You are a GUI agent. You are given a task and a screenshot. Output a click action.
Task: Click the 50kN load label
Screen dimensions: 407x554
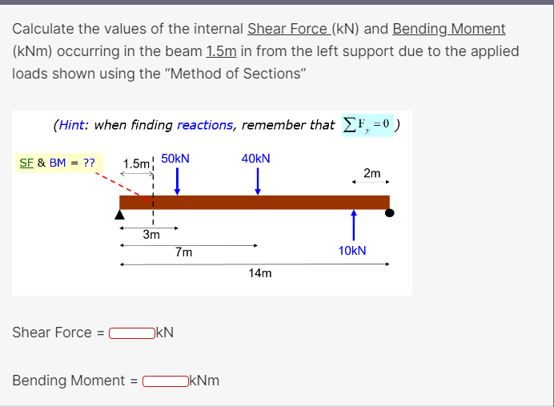175,159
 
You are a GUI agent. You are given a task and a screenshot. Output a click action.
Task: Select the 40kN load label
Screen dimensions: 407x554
256,159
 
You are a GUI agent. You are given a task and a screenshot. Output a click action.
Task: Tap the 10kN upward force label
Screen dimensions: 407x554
352,251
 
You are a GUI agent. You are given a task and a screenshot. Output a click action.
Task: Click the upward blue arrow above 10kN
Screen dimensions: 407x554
353,224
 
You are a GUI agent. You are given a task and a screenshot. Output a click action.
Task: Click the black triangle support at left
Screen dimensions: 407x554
120,214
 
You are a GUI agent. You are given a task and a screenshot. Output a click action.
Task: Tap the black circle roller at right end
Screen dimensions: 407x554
390,213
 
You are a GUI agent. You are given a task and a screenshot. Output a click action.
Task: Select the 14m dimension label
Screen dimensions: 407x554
260,273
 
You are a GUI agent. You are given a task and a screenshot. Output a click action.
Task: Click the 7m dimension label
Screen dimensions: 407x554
183,252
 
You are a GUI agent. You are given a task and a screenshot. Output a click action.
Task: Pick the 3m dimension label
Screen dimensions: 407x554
151,235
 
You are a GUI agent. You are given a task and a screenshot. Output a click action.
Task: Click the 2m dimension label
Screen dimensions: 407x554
372,173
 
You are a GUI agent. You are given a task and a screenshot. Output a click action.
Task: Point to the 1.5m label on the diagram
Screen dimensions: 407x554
136,163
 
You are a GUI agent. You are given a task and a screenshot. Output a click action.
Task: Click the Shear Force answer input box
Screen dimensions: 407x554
133,332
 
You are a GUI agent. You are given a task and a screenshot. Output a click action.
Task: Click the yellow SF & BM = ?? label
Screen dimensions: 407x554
56,163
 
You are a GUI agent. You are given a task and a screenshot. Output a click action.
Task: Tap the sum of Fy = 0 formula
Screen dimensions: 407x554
367,124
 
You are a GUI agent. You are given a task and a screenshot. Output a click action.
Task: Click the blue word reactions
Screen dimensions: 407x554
206,125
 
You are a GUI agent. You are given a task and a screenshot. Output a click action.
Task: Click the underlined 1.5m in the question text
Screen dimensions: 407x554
220,51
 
